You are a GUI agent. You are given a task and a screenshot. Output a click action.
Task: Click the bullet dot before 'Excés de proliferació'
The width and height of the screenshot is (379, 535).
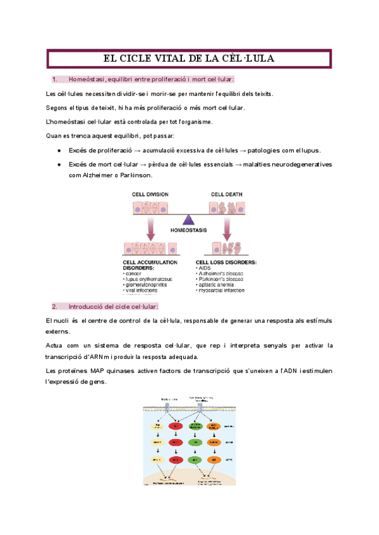coord(59,150)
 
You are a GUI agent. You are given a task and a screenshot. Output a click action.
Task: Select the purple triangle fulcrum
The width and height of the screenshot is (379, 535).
coord(188,220)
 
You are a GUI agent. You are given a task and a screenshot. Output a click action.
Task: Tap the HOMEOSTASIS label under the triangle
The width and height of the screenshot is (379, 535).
coord(188,232)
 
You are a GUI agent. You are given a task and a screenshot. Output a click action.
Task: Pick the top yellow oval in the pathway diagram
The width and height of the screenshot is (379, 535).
coord(157,427)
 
